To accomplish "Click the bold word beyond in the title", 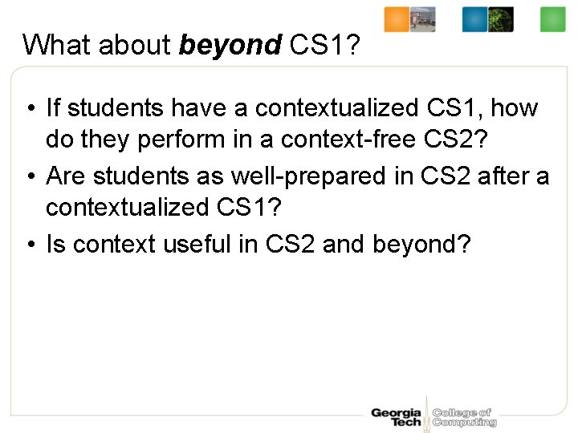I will point(229,46).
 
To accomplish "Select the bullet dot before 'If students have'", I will point(29,108).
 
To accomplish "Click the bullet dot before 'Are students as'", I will point(29,176).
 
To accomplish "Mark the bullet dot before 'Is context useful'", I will point(29,244).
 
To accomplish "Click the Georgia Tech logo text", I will point(396,417).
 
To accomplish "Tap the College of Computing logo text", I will point(464,417).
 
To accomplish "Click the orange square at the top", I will point(397,19).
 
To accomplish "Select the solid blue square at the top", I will point(474,19).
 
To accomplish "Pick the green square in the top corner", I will point(553,19).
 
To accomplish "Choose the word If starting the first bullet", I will point(54,107).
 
